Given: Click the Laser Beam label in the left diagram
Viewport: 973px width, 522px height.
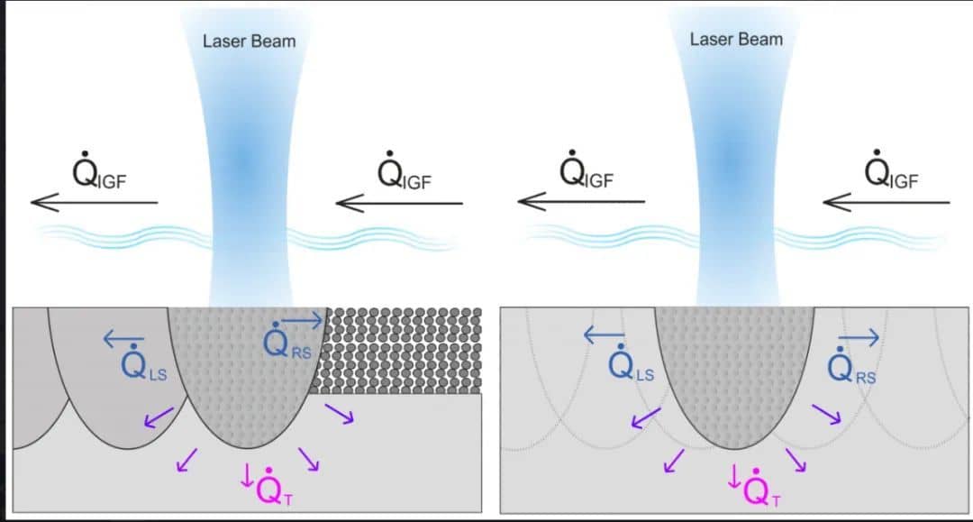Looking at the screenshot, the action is click(x=249, y=41).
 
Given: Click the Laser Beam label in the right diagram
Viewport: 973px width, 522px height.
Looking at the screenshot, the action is click(x=736, y=40).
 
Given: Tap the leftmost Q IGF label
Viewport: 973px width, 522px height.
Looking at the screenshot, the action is click(x=99, y=169).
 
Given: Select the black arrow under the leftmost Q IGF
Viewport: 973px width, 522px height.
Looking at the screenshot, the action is click(x=95, y=202).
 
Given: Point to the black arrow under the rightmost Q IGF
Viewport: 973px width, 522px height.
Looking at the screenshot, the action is click(x=887, y=202).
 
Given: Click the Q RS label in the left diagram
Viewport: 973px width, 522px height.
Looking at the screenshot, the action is click(x=286, y=341).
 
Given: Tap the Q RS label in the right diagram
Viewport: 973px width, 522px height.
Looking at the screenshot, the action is click(x=851, y=366).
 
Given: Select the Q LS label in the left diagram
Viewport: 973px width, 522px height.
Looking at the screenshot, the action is click(x=143, y=362).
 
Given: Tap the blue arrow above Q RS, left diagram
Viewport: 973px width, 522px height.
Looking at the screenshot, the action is click(x=302, y=320).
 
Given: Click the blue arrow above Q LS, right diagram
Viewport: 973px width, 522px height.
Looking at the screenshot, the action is click(x=604, y=335).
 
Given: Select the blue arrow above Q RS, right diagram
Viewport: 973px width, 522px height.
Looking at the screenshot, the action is click(x=859, y=337).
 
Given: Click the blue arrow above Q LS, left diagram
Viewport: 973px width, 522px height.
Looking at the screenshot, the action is click(x=123, y=339).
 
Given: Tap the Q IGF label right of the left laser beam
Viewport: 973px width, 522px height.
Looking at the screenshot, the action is click(x=405, y=170).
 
